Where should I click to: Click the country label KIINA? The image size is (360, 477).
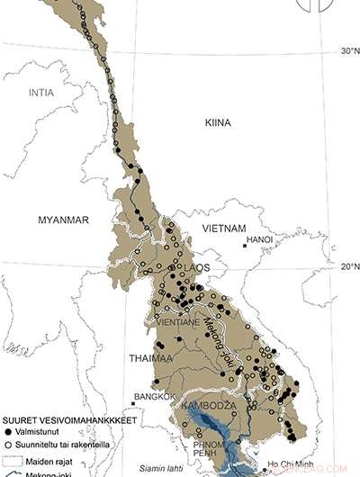(x=218, y=121)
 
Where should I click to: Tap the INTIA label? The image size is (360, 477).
(x=41, y=93)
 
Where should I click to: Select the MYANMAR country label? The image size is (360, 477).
(x=63, y=220)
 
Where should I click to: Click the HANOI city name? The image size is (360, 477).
(x=259, y=240)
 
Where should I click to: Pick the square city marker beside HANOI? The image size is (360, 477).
(x=243, y=245)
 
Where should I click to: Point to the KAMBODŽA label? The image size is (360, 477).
(x=208, y=407)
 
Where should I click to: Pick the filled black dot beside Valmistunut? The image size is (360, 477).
(x=8, y=432)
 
